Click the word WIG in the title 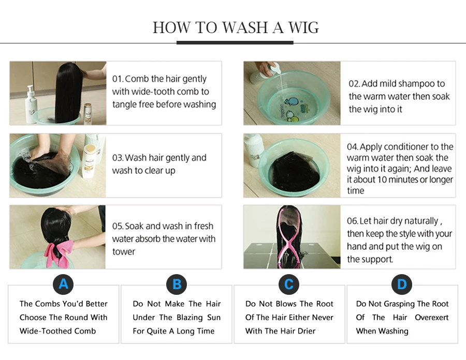[x=303, y=27]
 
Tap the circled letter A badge [x=63, y=284]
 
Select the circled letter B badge [x=177, y=284]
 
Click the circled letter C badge [x=289, y=284]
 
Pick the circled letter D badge [x=402, y=284]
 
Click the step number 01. [x=118, y=79]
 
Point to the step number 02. [x=354, y=84]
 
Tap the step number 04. [x=353, y=147]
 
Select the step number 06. [x=353, y=221]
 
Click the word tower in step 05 [x=124, y=252]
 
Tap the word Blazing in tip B [x=188, y=318]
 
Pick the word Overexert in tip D [x=431, y=318]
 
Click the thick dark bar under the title [x=235, y=43]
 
